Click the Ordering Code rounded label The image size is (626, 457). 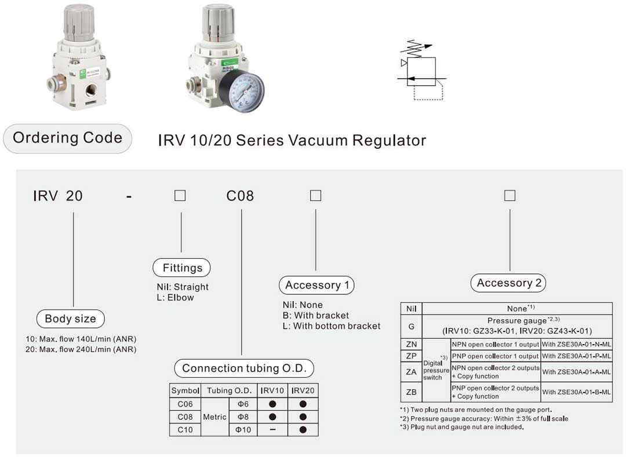point(67,138)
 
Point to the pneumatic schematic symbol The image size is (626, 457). point(422,71)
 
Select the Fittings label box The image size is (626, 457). point(181,268)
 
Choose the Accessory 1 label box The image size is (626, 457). point(316,285)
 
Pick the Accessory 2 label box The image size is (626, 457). point(509,283)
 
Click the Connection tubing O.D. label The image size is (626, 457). point(244,368)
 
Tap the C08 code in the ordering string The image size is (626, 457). point(240,196)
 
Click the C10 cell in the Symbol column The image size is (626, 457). point(185,430)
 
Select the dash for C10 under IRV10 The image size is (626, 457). point(272,430)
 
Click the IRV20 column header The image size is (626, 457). point(303,390)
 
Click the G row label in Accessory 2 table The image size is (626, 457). point(412,326)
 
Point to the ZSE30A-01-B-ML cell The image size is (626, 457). point(577,392)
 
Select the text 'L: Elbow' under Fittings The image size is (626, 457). point(172,297)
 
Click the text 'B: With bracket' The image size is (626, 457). point(316,316)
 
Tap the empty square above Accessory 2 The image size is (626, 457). point(509,196)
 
